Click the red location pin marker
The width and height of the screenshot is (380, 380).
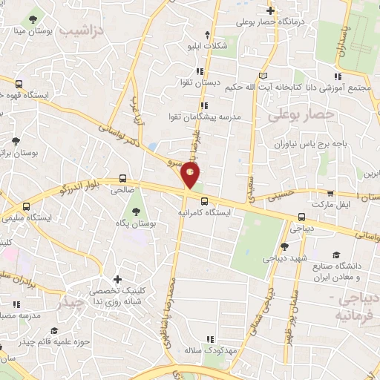(190, 175)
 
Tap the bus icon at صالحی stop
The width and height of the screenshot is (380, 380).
(123, 179)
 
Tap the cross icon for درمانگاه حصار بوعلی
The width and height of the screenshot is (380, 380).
(271, 10)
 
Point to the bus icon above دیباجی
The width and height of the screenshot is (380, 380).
(301, 217)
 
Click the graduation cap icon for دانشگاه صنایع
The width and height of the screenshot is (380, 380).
(337, 254)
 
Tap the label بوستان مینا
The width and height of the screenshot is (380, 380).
(30, 31)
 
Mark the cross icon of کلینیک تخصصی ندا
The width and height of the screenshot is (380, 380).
(116, 277)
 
